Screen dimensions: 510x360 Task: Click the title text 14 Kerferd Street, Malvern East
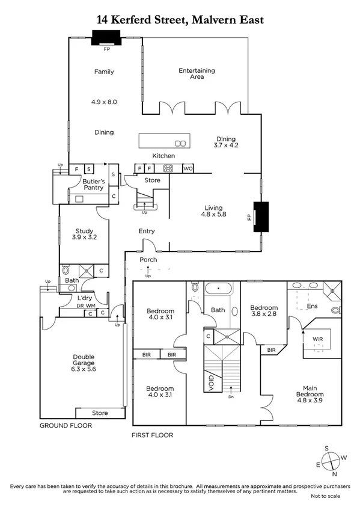pos(180,20)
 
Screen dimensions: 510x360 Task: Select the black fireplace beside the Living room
pos(262,217)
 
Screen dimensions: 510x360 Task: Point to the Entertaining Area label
pos(197,73)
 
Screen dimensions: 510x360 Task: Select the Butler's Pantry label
pos(94,184)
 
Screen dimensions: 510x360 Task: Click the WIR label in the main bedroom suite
pos(317,339)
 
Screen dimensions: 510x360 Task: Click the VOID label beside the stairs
pos(211,384)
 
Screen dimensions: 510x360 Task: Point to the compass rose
pos(330,462)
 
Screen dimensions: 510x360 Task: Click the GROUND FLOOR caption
pos(66,425)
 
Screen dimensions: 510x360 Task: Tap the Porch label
pos(148,260)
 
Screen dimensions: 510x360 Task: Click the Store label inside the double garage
pos(100,413)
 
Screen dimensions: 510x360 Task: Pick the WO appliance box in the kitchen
pos(188,168)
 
